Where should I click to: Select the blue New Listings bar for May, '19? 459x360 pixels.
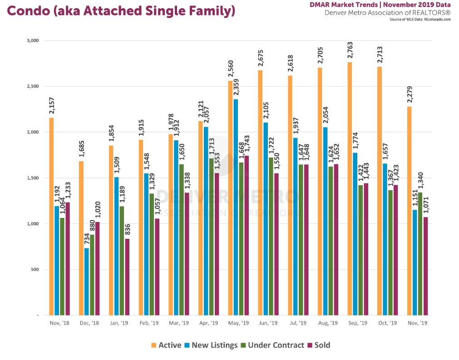pos(236,207)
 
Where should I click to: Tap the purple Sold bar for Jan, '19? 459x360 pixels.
pos(128,277)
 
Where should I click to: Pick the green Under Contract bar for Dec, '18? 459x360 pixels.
pos(92,275)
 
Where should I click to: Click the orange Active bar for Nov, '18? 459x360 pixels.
pos(51,216)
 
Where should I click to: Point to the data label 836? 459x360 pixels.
pos(128,229)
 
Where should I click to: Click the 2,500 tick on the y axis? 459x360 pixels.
pos(33,86)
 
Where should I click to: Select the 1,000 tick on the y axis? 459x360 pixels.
pos(33,224)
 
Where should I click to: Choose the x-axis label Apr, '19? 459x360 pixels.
pos(208,323)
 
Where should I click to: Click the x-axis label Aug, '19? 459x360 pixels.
pos(328,323)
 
